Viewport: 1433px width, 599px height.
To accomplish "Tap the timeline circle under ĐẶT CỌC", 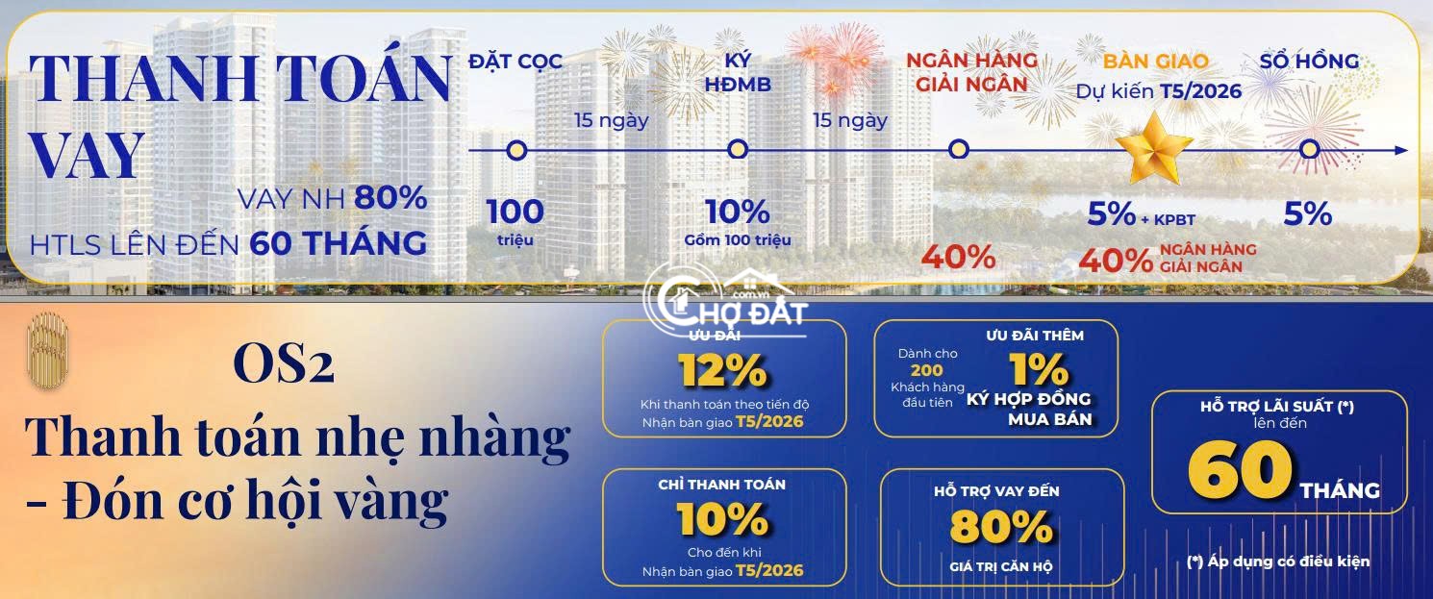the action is tap(516, 150).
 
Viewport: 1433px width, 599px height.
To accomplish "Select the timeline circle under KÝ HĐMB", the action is tap(738, 150).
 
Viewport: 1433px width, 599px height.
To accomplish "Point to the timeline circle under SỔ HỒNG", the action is tap(1310, 150).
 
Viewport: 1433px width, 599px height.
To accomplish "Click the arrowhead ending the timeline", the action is tap(1401, 150).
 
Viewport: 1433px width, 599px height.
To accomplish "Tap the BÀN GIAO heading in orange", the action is tap(1156, 62).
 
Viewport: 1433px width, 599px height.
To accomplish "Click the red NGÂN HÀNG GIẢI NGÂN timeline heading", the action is tap(971, 72).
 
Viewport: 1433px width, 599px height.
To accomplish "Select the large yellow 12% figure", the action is tap(722, 370).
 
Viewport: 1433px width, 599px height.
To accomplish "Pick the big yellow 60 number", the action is tap(1241, 470).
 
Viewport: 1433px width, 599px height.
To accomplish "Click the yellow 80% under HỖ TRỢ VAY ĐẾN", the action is tap(1000, 528).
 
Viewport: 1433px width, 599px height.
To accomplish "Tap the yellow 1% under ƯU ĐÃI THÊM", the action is tap(1039, 369).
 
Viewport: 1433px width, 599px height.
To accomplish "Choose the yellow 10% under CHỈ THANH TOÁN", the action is tap(722, 518).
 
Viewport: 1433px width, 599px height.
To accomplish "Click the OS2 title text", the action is tap(284, 362).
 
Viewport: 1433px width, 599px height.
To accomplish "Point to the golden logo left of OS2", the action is tap(47, 350).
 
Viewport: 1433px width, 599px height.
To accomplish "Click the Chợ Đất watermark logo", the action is tap(726, 304).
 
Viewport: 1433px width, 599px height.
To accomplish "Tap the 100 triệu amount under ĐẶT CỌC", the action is tap(515, 221).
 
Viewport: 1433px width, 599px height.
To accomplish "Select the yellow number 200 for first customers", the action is tap(926, 370).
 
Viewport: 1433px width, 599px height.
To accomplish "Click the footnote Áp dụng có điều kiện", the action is tap(1278, 562).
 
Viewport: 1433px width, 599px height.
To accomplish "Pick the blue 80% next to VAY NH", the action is tap(390, 197).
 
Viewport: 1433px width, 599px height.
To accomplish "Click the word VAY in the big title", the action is tap(87, 154).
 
